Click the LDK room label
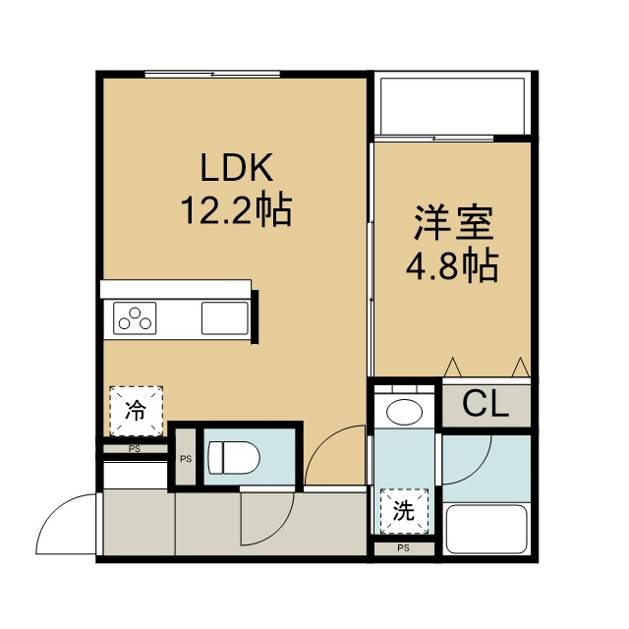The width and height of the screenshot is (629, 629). pos(237,167)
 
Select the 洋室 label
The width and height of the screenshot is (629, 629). pos(454,223)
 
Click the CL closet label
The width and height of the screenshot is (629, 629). pos(486,404)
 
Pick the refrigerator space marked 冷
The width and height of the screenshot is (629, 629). pos(137,411)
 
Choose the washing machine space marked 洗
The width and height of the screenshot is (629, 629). pos(404,511)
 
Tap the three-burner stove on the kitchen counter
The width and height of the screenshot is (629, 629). pos(135,318)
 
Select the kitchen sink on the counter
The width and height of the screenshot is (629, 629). pos(225,318)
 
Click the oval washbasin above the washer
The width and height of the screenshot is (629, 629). pos(404,412)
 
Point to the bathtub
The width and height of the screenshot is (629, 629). pos(486,530)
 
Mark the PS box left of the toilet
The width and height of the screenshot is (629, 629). pos(186,457)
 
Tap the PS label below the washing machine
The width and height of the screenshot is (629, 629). pos(404,548)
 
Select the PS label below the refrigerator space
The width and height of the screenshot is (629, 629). pos(135,449)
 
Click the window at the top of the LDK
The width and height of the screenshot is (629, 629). pos(212,74)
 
